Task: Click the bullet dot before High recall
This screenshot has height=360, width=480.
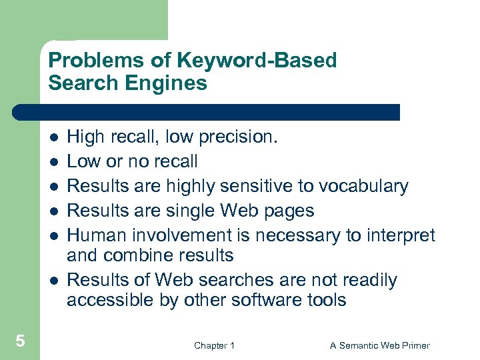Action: tap(53, 137)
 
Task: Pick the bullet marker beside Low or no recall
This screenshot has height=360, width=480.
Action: tap(53, 162)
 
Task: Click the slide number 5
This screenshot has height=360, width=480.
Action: tap(20, 341)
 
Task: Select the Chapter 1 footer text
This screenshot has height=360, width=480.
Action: tap(214, 345)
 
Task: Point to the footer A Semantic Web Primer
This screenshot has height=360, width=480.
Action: tap(380, 345)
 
